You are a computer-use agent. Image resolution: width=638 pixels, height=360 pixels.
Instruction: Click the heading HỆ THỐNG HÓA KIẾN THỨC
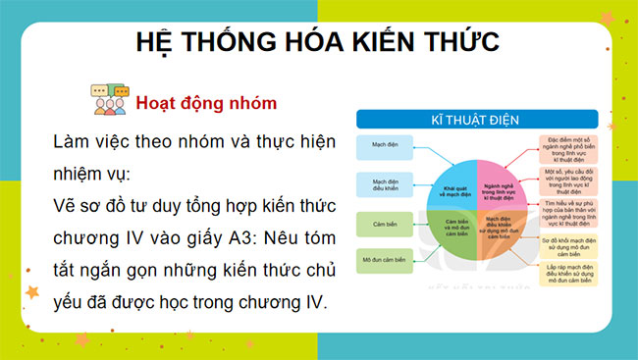point(318,43)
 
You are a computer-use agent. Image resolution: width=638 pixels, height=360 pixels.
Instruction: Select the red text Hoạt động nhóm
point(206,102)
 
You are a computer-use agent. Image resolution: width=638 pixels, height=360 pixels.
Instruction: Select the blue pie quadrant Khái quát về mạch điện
point(454,185)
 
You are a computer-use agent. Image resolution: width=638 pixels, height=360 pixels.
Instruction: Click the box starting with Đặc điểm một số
point(575,150)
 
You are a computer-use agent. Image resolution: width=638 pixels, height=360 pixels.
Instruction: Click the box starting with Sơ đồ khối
point(575,246)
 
